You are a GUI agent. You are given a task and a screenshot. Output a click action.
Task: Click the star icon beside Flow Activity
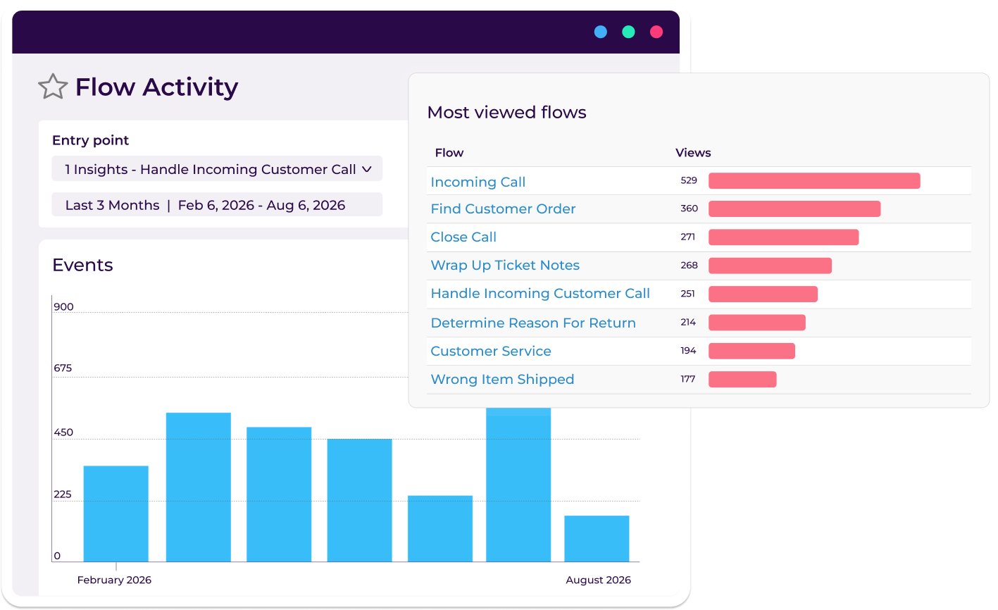53,87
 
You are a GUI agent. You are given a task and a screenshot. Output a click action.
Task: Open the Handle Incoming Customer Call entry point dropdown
217,169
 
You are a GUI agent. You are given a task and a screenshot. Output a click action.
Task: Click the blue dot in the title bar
601,32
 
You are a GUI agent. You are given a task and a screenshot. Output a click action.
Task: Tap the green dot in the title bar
628,32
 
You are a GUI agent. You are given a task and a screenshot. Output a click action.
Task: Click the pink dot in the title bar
656,32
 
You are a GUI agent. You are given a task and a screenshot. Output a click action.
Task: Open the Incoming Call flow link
478,182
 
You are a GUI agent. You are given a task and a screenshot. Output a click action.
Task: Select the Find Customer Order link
503,208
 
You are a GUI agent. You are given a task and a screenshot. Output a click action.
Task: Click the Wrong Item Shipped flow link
502,379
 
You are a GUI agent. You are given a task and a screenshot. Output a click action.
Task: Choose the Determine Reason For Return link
532,323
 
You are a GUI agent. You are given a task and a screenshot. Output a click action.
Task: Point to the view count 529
689,180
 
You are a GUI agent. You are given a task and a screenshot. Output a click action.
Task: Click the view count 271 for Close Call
688,237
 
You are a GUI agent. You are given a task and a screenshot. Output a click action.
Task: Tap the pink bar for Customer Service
751,351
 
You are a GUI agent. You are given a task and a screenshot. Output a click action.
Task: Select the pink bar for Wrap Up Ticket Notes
770,266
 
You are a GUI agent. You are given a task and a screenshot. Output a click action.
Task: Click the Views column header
693,153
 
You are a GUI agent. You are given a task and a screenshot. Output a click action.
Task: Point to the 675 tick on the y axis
63,368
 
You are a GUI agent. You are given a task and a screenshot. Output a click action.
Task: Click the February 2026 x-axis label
114,580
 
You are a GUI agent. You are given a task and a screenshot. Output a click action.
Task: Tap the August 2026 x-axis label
598,580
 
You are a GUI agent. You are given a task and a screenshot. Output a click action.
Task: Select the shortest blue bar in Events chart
597,539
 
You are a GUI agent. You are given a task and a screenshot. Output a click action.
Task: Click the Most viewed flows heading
506,113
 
